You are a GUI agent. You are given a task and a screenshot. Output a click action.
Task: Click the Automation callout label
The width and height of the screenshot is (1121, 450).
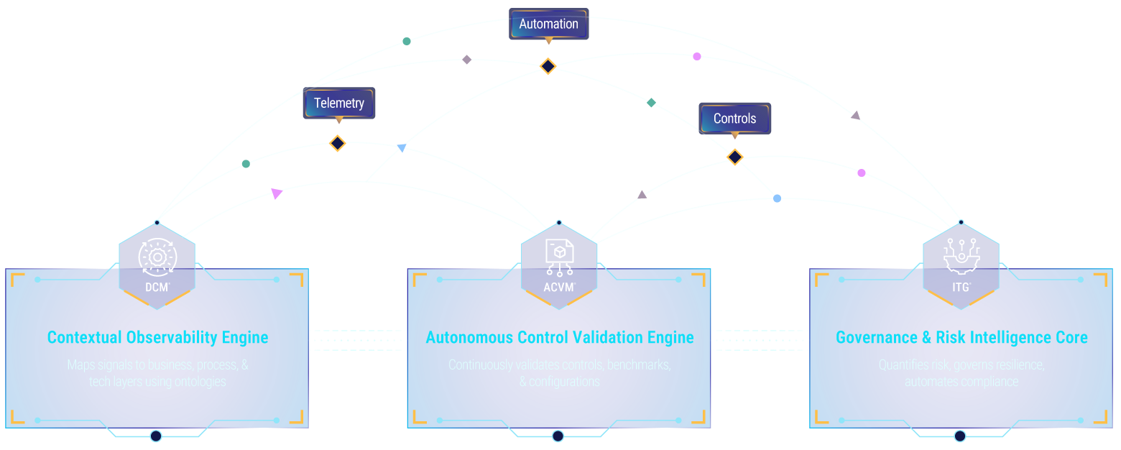(548, 24)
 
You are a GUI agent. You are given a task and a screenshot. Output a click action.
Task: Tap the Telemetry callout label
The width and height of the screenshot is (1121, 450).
(339, 103)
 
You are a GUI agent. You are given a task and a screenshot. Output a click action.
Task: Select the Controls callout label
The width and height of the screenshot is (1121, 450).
(734, 119)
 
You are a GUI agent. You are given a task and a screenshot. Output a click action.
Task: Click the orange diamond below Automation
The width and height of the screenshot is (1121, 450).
(548, 66)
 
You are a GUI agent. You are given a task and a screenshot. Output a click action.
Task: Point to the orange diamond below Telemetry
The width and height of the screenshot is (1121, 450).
(338, 143)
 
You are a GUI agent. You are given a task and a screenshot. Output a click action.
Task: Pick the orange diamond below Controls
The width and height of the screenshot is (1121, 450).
(734, 157)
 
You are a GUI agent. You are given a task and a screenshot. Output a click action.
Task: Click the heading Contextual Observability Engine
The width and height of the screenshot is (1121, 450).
(157, 337)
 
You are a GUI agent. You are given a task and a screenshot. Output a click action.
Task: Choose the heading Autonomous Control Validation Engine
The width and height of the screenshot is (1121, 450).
(559, 337)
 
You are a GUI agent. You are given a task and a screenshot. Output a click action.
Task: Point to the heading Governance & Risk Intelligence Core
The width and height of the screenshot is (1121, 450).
(961, 337)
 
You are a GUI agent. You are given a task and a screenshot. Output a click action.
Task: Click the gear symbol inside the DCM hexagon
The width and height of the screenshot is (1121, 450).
(157, 257)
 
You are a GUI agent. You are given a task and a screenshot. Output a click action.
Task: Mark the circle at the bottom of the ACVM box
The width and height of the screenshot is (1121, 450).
(558, 436)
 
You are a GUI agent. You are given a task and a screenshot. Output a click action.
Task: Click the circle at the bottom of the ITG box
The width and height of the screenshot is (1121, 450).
(959, 436)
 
